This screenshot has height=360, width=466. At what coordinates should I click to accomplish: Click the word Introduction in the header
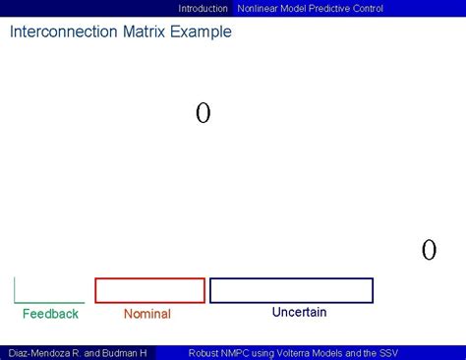coord(203,8)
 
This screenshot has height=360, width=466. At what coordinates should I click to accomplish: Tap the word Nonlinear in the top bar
coord(259,8)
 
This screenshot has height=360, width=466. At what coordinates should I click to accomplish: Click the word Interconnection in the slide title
coord(58,31)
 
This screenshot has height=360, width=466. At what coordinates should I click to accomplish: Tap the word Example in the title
coord(200,31)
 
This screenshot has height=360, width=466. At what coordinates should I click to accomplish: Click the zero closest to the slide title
coord(203,114)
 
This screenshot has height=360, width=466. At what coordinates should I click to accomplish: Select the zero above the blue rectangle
coord(429,250)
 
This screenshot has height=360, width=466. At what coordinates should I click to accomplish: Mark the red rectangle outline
coord(149,278)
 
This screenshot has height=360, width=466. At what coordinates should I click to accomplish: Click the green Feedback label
coord(50,314)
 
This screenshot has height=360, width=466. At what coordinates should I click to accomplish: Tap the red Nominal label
coord(147,314)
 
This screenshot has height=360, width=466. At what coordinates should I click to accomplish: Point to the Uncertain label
coord(299,312)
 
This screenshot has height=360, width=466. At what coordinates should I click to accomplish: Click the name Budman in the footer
coord(122,352)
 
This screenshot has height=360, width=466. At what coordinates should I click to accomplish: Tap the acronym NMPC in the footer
coord(244,352)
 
